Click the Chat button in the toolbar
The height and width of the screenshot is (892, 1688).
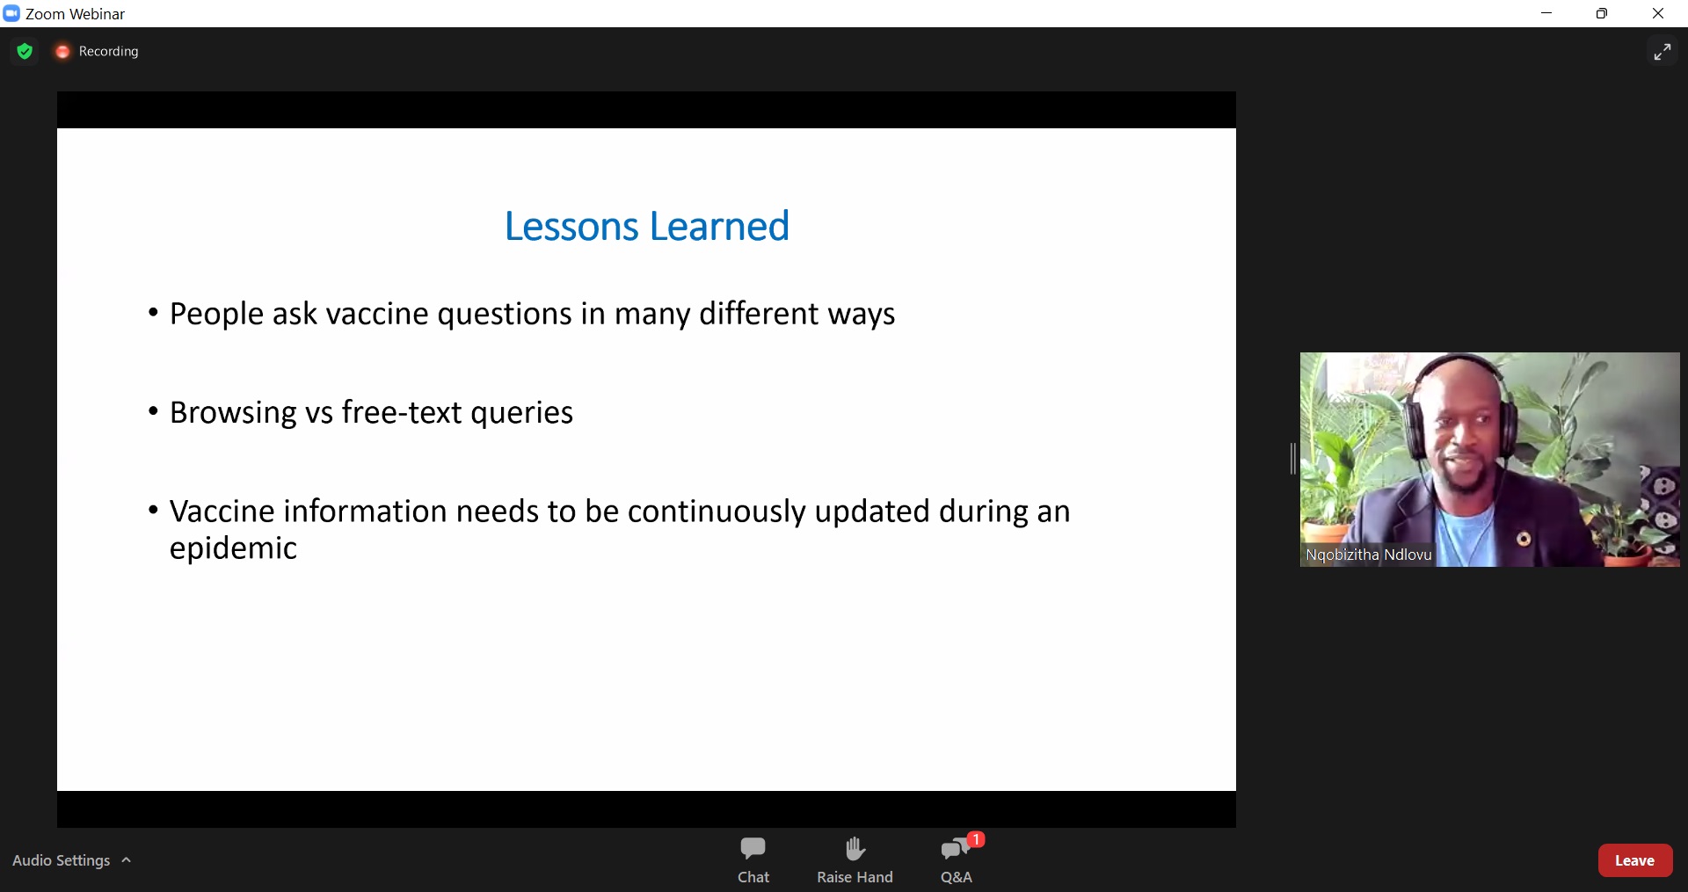pyautogui.click(x=753, y=859)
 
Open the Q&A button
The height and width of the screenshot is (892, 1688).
pyautogui.click(x=957, y=859)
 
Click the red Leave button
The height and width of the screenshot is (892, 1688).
pyautogui.click(x=1635, y=860)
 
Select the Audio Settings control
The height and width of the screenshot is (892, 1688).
pyautogui.click(x=71, y=860)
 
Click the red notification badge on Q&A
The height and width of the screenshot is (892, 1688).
pyautogui.click(x=976, y=839)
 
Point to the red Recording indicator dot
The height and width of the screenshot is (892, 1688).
pyautogui.click(x=62, y=52)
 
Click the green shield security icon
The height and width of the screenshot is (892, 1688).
pyautogui.click(x=25, y=51)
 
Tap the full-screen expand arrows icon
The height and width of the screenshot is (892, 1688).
pyautogui.click(x=1662, y=52)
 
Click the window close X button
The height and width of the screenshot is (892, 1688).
pyautogui.click(x=1658, y=13)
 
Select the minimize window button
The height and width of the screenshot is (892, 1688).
pyautogui.click(x=1547, y=13)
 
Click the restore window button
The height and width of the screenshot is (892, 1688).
pyautogui.click(x=1602, y=13)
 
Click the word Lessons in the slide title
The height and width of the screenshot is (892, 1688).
pyautogui.click(x=571, y=227)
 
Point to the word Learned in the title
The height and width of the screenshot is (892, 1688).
pyautogui.click(x=720, y=227)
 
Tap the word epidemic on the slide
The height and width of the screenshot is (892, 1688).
pyautogui.click(x=233, y=549)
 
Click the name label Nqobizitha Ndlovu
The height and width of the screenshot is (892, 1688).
pyautogui.click(x=1369, y=555)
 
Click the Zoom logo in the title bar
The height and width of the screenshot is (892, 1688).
pyautogui.click(x=11, y=13)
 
